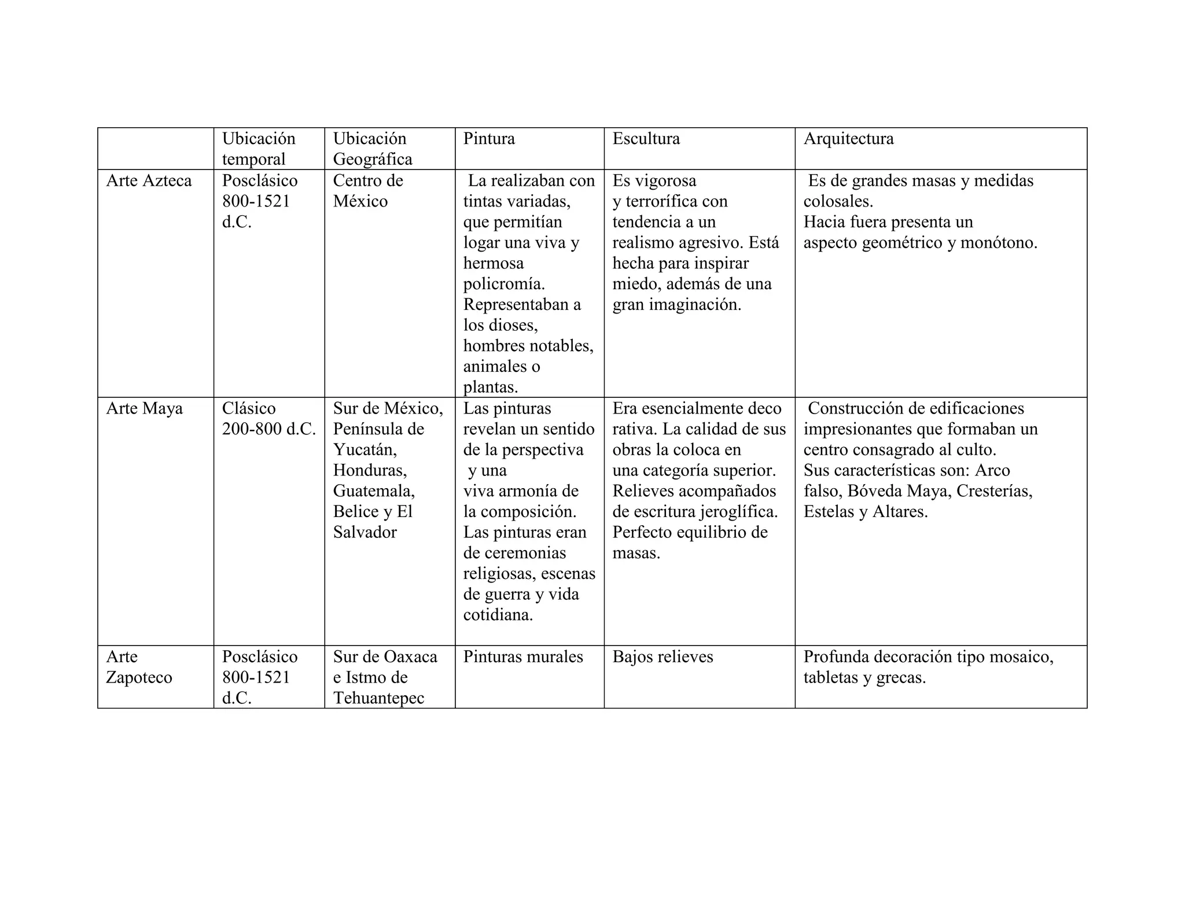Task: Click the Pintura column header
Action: (x=489, y=139)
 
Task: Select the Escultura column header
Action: (x=646, y=139)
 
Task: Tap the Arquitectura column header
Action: (x=848, y=139)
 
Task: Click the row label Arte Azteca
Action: (x=149, y=181)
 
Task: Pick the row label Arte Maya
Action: (x=144, y=409)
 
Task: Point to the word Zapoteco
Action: (x=139, y=678)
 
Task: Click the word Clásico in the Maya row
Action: (x=249, y=409)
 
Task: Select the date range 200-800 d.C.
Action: (x=269, y=429)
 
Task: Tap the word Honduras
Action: (x=370, y=470)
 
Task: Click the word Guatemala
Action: (x=374, y=491)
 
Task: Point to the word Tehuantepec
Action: (x=378, y=698)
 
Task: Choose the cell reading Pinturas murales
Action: (x=523, y=657)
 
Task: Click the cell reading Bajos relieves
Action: (x=663, y=657)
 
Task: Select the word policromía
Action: (x=504, y=284)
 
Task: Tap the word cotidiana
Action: (x=498, y=615)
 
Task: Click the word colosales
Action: (x=838, y=202)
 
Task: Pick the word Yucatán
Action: (x=365, y=450)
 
